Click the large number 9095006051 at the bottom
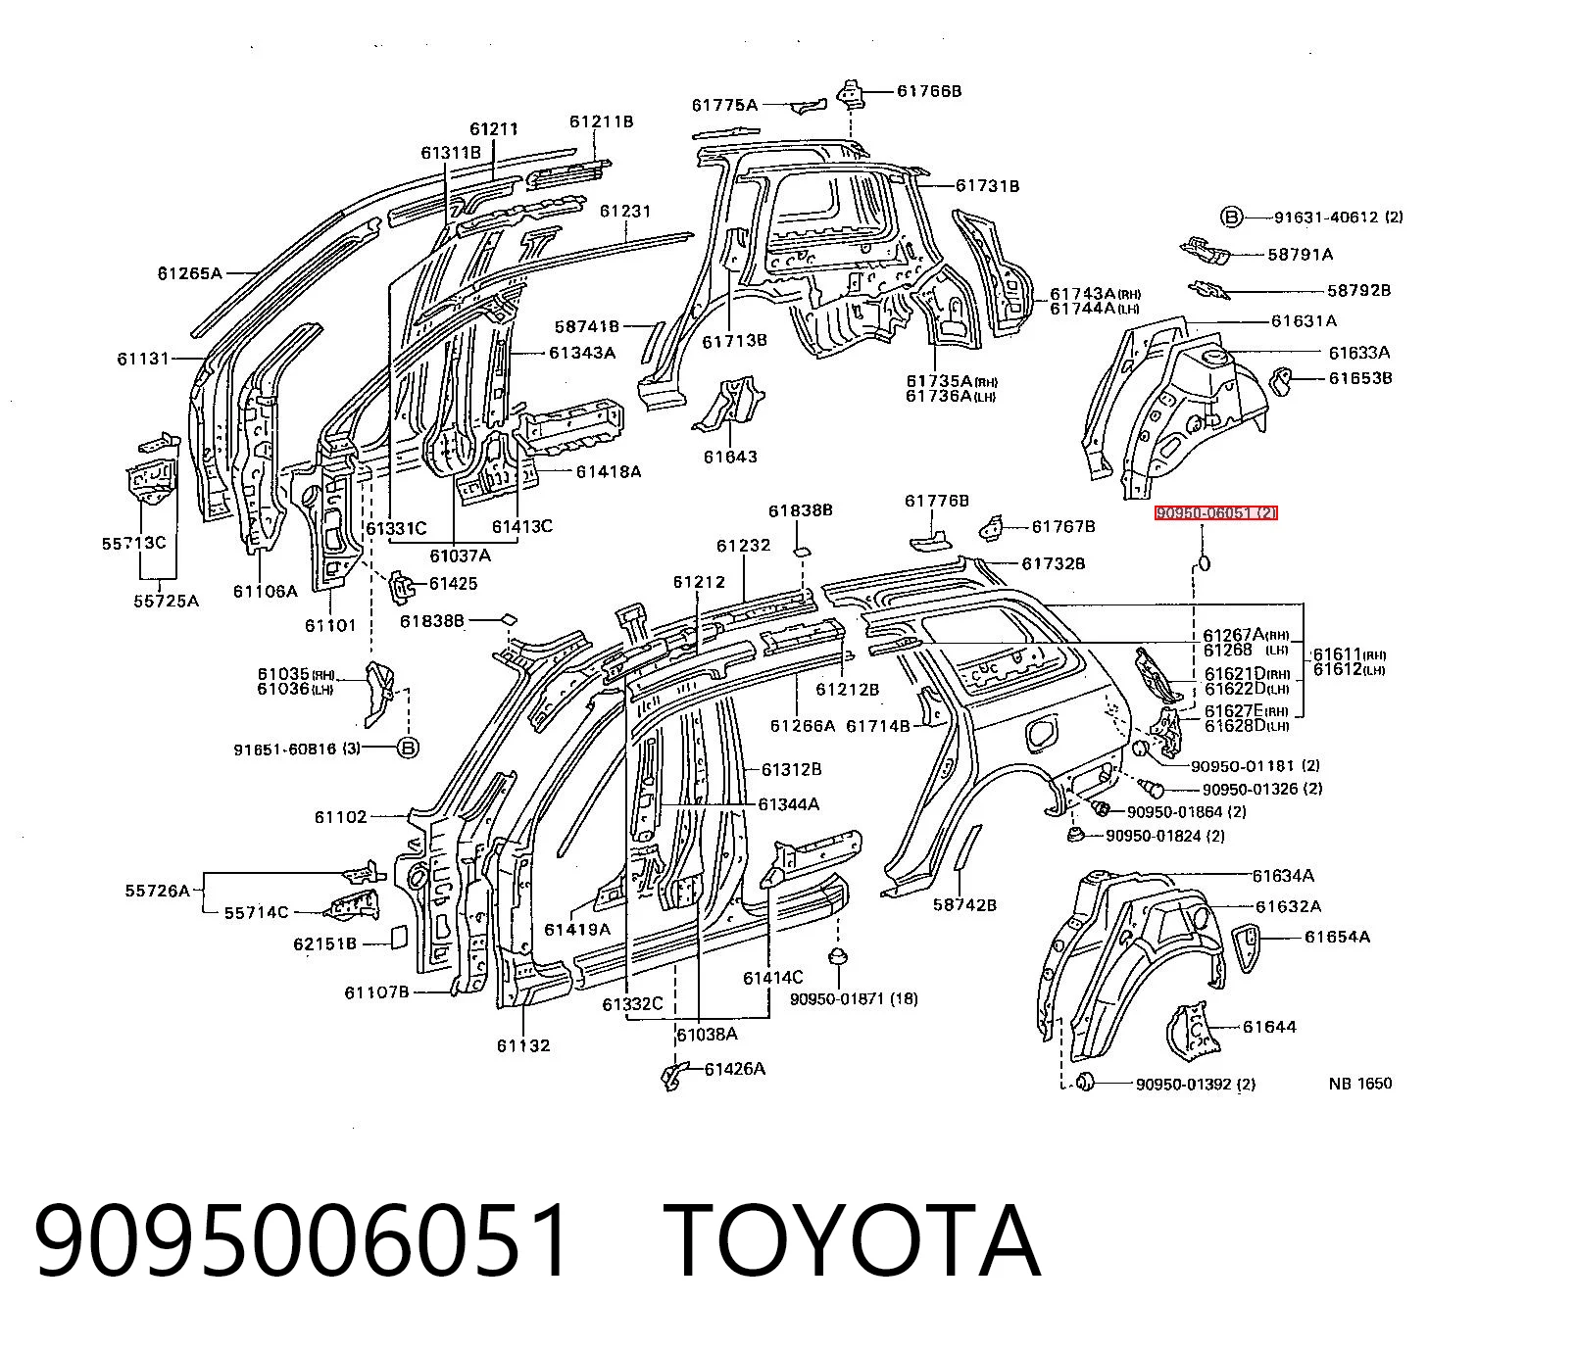(302, 1242)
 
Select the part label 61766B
(929, 91)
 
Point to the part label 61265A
(190, 273)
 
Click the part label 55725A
(166, 601)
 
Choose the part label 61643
(730, 457)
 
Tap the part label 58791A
(1301, 254)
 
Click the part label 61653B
(1360, 378)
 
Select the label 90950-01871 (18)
(854, 999)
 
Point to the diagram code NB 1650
(1360, 1084)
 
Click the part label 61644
(1269, 1027)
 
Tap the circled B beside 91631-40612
(1231, 218)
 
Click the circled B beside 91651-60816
(408, 749)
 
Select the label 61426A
(735, 1069)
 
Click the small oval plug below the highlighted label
(1204, 562)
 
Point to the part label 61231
(625, 211)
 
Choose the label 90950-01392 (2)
(1196, 1084)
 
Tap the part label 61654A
(1337, 937)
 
